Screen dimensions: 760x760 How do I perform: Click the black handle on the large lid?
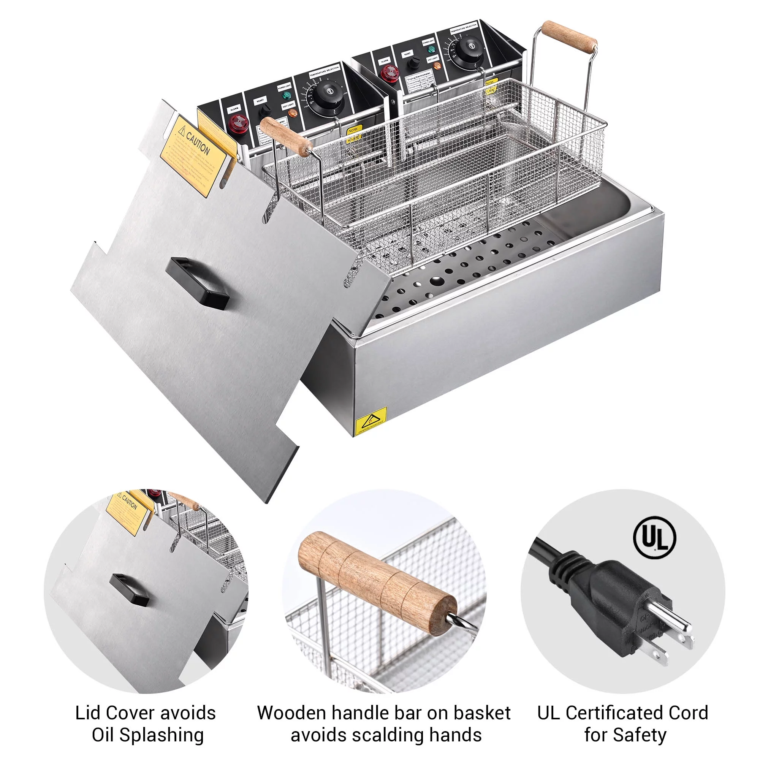pos(198,283)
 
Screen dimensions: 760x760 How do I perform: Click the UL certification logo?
pos(655,538)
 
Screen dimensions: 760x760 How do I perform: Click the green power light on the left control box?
pos(287,95)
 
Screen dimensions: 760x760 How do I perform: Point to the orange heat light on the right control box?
pos(437,65)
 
